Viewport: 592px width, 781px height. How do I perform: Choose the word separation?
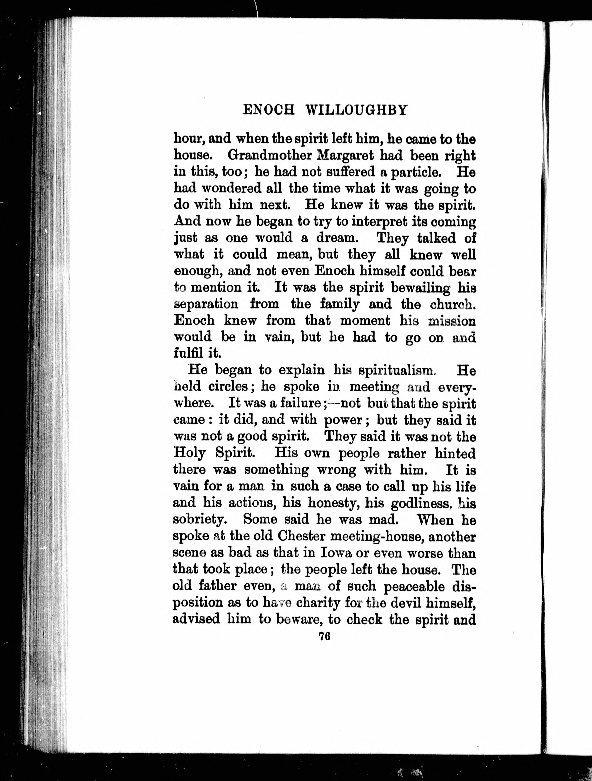pyautogui.click(x=206, y=304)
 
